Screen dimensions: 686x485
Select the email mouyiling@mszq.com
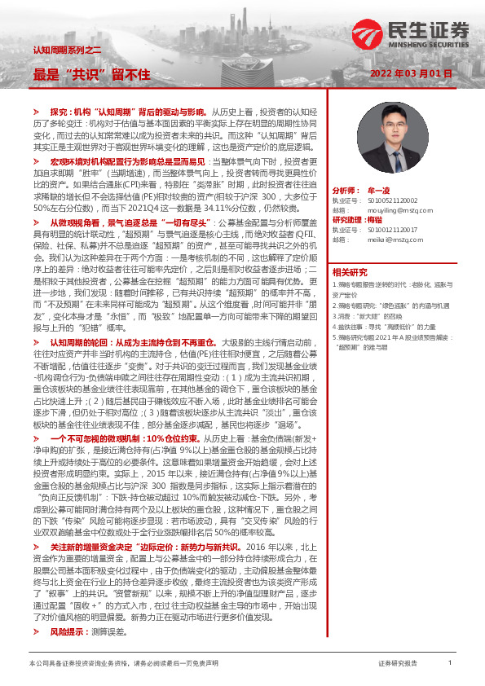(x=385, y=209)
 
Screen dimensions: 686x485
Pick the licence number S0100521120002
(x=386, y=200)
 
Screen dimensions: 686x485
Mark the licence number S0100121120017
(x=386, y=230)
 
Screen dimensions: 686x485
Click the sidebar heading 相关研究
(x=350, y=271)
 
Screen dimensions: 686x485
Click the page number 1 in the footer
(x=450, y=663)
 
